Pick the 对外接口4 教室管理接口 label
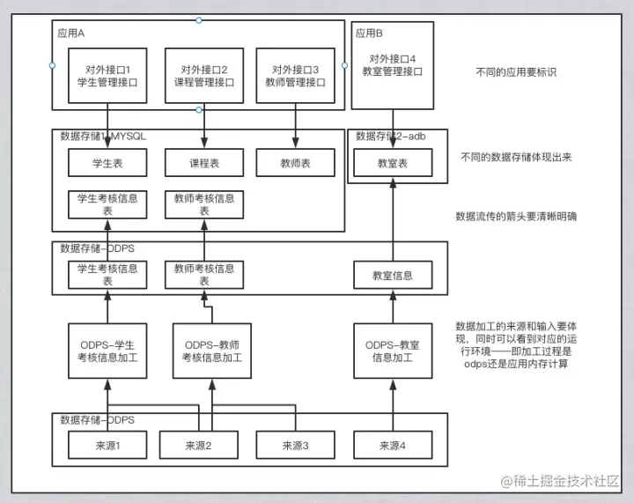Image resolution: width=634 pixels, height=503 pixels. (392, 66)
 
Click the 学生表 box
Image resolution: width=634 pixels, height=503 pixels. (107, 163)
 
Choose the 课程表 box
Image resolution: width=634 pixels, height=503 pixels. (204, 163)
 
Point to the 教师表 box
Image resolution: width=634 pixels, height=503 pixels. (296, 163)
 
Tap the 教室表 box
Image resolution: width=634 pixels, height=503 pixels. (393, 163)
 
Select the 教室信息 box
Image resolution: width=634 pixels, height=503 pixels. (393, 276)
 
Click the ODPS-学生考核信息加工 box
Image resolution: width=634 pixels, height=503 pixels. (107, 350)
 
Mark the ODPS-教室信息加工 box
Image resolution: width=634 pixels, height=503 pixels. (393, 350)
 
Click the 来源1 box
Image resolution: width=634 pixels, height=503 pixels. (107, 445)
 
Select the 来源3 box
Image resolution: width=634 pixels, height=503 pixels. (296, 445)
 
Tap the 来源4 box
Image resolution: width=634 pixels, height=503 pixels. (393, 445)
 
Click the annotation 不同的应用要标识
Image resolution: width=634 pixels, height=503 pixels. (515, 71)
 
